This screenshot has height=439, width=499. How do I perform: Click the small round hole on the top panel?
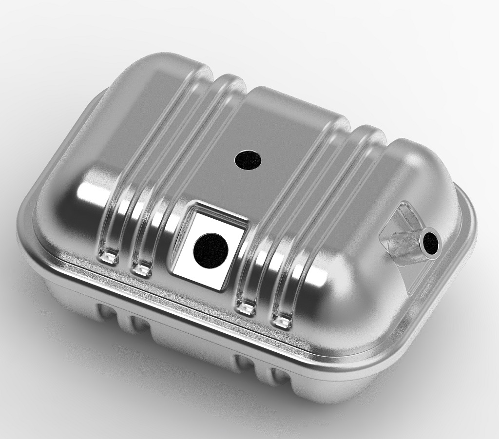pos(248,159)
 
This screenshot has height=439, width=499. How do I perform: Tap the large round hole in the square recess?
pos(211,250)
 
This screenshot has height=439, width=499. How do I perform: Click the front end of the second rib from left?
pos(143,266)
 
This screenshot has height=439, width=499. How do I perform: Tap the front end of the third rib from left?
pos(246,306)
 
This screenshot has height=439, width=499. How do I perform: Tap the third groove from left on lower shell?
pos(244,363)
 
